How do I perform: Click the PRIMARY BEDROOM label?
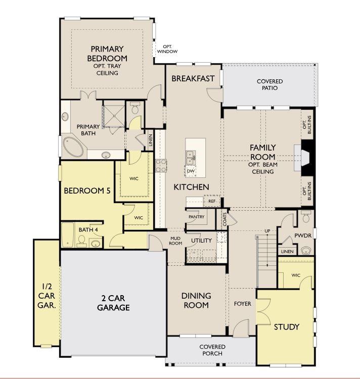click(107, 54)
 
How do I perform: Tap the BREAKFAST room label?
click(193, 78)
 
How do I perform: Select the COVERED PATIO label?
click(269, 84)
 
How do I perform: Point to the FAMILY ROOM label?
click(262, 152)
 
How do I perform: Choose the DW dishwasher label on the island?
click(191, 171)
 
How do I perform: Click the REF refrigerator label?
click(212, 201)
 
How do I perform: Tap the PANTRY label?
click(196, 217)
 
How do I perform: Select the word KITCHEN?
click(191, 187)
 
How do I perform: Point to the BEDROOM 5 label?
click(86, 191)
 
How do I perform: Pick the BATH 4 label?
click(88, 230)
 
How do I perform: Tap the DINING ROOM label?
click(196, 300)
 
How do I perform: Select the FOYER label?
click(242, 304)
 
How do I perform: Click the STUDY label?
click(286, 326)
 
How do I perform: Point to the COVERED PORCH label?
click(212, 350)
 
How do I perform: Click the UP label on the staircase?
click(267, 231)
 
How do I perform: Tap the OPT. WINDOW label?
click(167, 50)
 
